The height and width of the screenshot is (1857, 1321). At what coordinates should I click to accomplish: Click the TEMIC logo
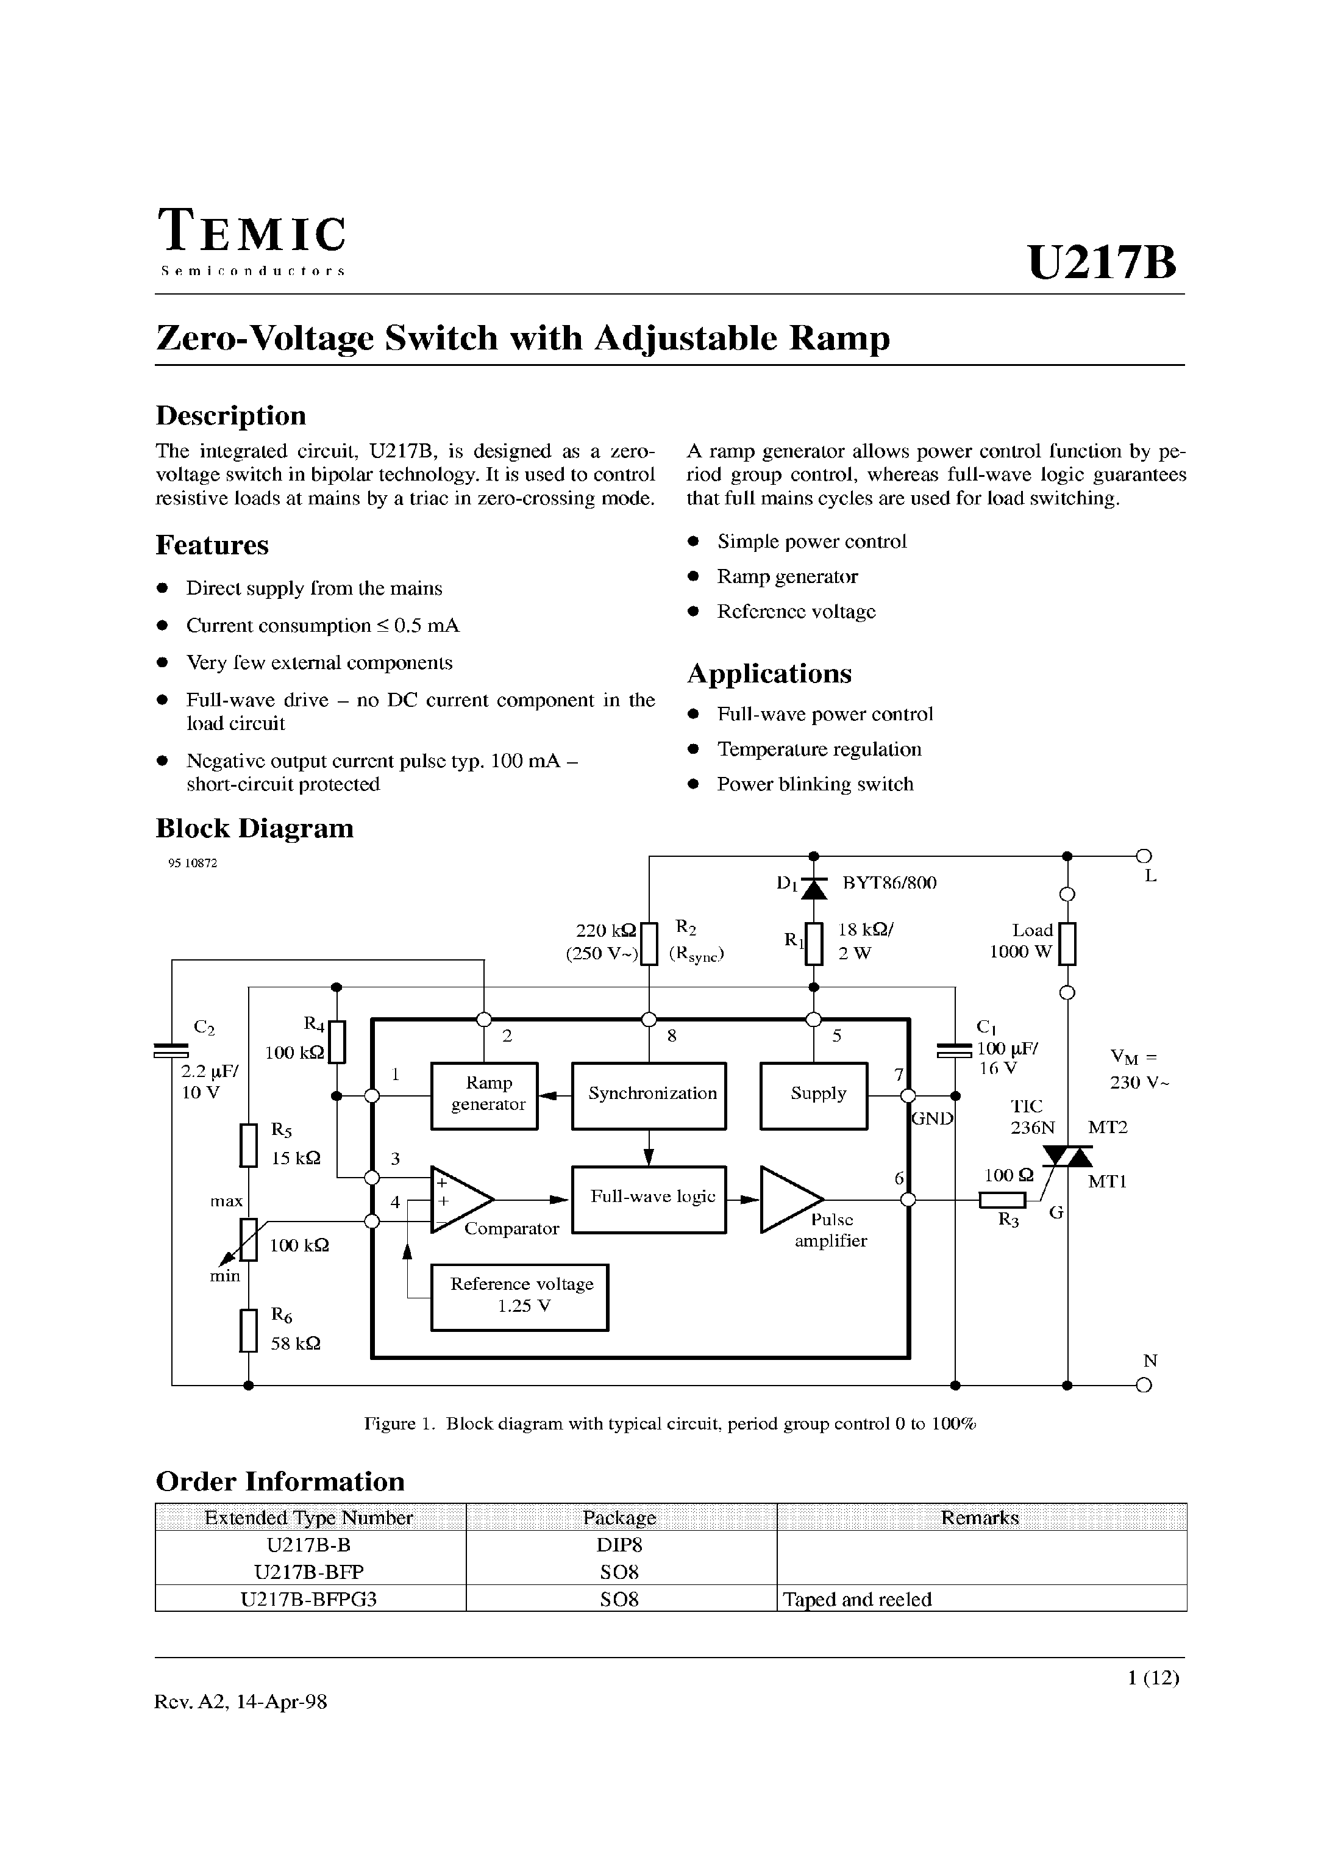(252, 241)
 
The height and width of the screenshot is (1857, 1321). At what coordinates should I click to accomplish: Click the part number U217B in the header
(1102, 263)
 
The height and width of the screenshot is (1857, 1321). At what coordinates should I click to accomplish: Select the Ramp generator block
(484, 1095)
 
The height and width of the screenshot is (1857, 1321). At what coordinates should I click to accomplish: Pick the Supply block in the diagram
(813, 1095)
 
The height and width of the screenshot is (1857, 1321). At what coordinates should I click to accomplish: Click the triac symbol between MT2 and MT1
(1068, 1156)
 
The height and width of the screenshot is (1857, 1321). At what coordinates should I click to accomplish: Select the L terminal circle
(1144, 855)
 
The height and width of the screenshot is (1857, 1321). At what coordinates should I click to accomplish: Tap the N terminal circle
(1144, 1385)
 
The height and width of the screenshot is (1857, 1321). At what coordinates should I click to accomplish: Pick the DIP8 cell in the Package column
(620, 1545)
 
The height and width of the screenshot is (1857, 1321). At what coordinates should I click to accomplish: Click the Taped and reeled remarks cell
(857, 1599)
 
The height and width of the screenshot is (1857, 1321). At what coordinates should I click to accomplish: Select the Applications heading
(769, 674)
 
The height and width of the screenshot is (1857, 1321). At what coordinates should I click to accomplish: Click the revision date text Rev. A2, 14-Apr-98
(241, 1701)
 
